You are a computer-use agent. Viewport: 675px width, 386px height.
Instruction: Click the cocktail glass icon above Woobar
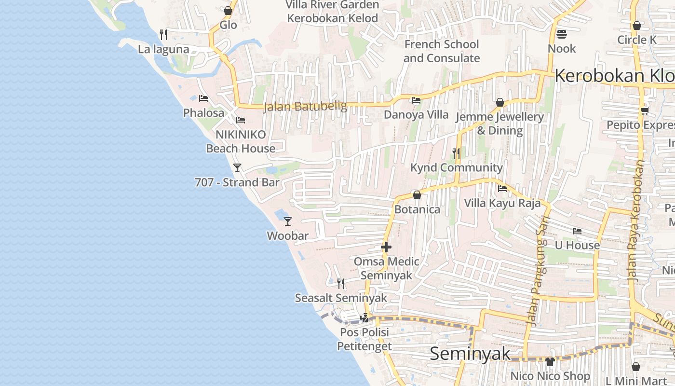(288, 221)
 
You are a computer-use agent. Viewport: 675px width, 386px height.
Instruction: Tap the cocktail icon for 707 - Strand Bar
(237, 168)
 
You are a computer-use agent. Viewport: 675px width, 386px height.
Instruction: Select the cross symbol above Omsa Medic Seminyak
(386, 247)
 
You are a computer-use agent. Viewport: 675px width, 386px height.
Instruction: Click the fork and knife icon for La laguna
(163, 34)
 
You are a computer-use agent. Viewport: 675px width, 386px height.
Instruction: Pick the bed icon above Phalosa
(203, 98)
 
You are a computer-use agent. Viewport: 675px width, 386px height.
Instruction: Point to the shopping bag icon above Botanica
(417, 195)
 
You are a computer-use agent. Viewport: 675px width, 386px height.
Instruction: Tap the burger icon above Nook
(561, 34)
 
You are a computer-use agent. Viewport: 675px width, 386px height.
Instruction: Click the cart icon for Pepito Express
(645, 110)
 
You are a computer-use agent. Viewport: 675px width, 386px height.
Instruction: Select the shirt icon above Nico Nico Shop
(550, 361)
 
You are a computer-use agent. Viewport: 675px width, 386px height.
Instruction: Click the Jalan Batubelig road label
(305, 106)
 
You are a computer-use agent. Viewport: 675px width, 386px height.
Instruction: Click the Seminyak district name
(470, 354)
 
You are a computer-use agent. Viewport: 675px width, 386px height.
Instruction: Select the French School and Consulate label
(442, 51)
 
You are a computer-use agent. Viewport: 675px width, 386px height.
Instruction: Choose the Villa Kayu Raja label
(502, 203)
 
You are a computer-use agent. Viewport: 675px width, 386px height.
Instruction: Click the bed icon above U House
(577, 231)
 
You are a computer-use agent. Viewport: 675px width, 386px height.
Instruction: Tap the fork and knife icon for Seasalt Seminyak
(341, 283)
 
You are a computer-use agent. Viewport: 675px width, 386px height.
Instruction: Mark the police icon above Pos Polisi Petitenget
(365, 317)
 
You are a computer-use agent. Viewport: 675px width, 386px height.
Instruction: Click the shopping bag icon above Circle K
(637, 26)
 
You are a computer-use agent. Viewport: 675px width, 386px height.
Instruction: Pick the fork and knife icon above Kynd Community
(456, 153)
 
